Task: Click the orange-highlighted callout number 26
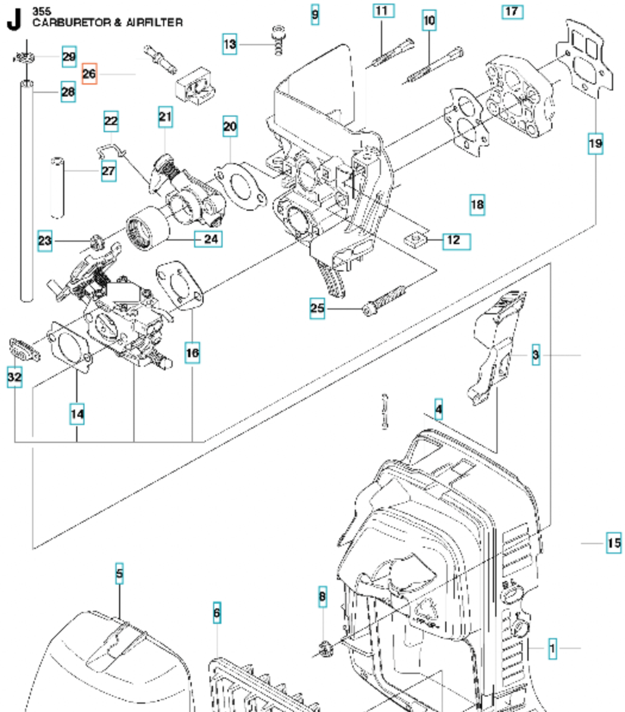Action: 89,74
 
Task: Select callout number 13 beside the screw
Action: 230,44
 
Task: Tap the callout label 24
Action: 211,239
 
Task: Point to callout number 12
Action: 454,241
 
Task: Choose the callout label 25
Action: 317,308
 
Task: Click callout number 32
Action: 14,377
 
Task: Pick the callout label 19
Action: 595,143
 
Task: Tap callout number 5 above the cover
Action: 120,574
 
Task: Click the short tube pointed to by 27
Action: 57,186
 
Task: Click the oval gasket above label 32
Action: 24,349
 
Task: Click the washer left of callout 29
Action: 27,58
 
